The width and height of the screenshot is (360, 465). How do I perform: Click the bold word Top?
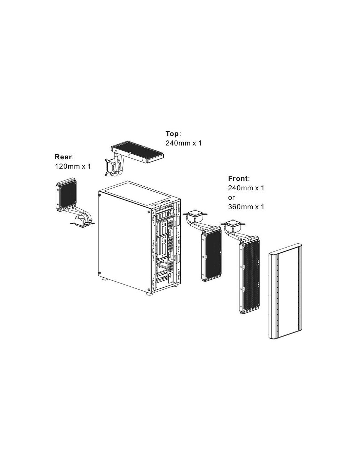click(172, 134)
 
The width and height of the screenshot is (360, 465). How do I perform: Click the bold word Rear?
click(63, 157)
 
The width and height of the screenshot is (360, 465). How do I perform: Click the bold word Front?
click(238, 178)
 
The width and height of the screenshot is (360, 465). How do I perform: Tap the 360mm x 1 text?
click(246, 207)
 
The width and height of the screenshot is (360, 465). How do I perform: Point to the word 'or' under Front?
click(231, 198)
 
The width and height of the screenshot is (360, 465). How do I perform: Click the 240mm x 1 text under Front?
click(246, 188)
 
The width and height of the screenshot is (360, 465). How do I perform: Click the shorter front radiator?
click(211, 254)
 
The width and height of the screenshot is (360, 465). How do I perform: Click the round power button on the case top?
click(154, 205)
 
